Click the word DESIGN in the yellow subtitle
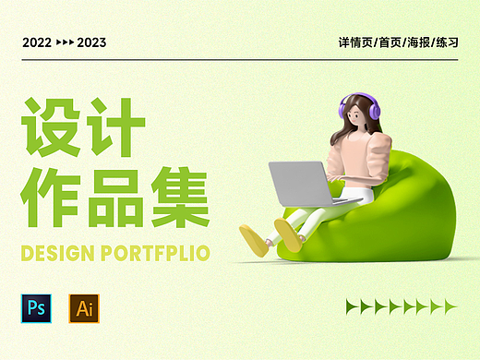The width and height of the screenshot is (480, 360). [54, 252]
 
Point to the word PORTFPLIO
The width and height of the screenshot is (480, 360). [152, 252]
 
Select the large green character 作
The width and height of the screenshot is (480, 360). [52, 195]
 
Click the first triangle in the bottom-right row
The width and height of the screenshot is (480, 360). [352, 306]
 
